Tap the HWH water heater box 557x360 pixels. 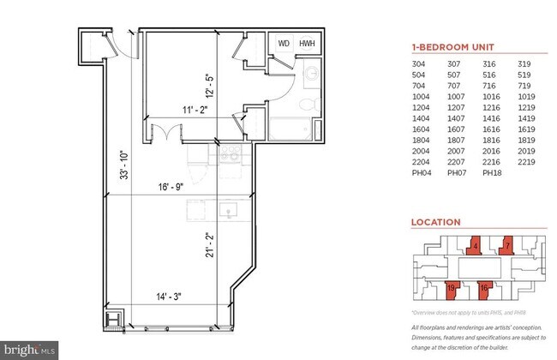click(306, 44)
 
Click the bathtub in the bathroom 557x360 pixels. click(292, 131)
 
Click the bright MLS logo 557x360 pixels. click(29, 350)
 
